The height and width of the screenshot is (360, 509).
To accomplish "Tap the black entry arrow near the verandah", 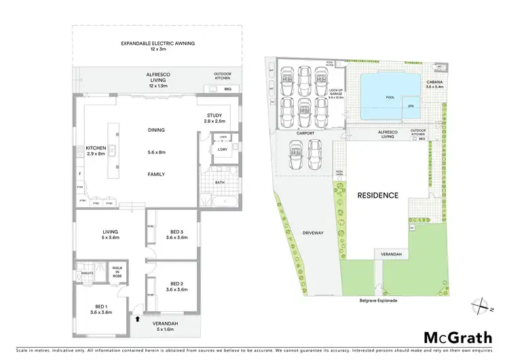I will pos(138,317).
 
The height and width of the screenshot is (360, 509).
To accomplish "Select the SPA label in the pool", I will pos(410,106).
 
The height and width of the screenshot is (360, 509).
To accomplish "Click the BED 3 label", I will pos(176,233).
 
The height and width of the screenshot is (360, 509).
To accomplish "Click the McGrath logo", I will pos(458,338).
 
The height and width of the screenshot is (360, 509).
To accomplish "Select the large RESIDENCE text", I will pos(378,196).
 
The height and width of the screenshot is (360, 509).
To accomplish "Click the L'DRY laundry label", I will pos(221,149).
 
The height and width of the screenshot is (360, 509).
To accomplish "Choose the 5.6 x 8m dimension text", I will pos(157,151).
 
